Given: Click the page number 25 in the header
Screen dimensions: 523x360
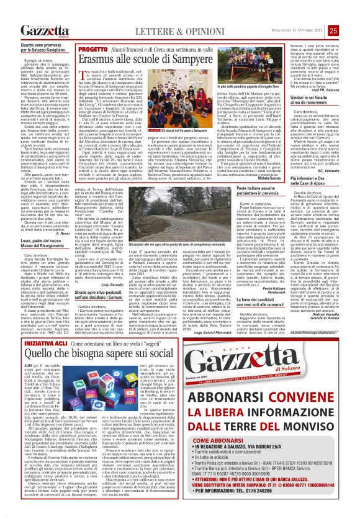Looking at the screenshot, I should pos(351,12).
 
